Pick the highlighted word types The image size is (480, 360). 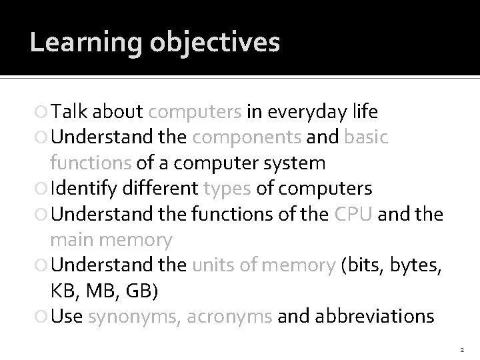pyautogui.click(x=227, y=187)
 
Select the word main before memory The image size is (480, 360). pyautogui.click(x=73, y=238)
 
